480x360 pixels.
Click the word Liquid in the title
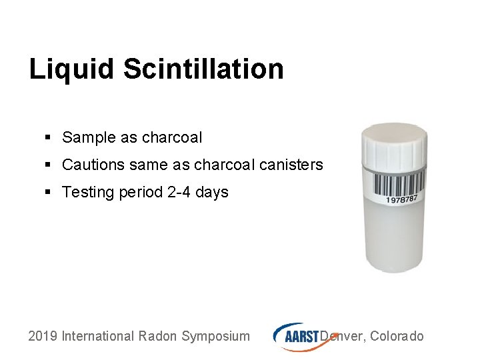pyautogui.click(x=64, y=69)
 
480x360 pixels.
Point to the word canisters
pyautogui.click(x=291, y=165)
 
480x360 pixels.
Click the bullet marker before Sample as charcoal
pyautogui.click(x=47, y=138)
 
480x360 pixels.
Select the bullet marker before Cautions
pyautogui.click(x=47, y=165)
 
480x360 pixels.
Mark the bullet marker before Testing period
pyautogui.click(x=47, y=193)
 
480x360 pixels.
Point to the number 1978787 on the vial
pyautogui.click(x=402, y=199)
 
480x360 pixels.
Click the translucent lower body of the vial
pyautogui.click(x=393, y=240)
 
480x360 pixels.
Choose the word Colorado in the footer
pyautogui.click(x=397, y=336)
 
